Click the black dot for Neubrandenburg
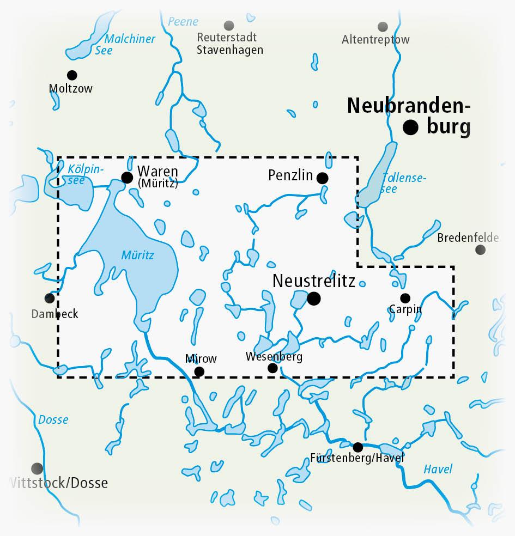pos(410,127)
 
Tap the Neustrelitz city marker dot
pos(313,298)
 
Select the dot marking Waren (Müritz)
pos(127,177)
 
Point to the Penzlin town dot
pos(322,178)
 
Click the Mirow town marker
pos(199,371)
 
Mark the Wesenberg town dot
pos(272,368)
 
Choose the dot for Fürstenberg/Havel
pos(358,447)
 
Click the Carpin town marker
pos(405,298)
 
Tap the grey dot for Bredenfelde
pos(480,249)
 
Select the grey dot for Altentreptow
pos(383,27)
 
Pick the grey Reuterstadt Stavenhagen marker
pos(229,26)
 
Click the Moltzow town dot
pos(71,75)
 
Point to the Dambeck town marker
pos(49,299)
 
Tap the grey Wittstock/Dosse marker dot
pos(37,468)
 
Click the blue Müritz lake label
pos(138,254)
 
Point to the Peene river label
pos(183,22)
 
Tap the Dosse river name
pos(53,419)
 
